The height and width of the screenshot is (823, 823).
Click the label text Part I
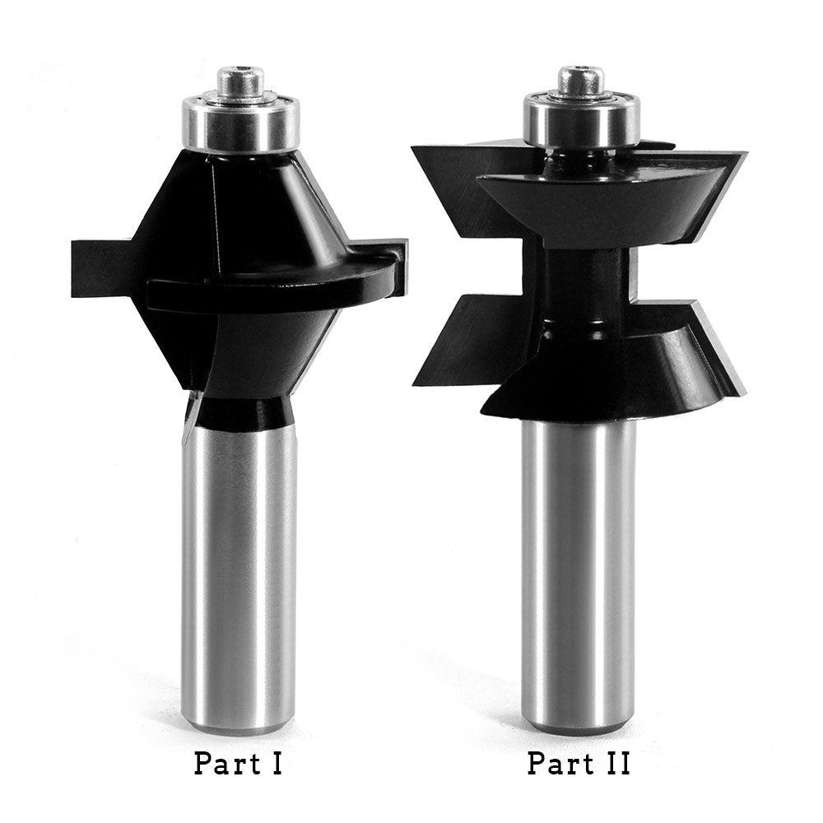pyautogui.click(x=239, y=763)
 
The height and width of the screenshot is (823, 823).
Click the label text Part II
pyautogui.click(x=579, y=763)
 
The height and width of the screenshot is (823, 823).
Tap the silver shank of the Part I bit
pyautogui.click(x=239, y=576)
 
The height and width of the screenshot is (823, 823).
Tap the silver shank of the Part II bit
pyautogui.click(x=579, y=576)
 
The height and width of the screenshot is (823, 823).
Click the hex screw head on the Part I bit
pyautogui.click(x=239, y=81)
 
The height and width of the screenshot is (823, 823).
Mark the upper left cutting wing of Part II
pyautogui.click(x=449, y=177)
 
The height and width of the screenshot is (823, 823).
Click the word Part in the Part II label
pyautogui.click(x=555, y=763)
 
